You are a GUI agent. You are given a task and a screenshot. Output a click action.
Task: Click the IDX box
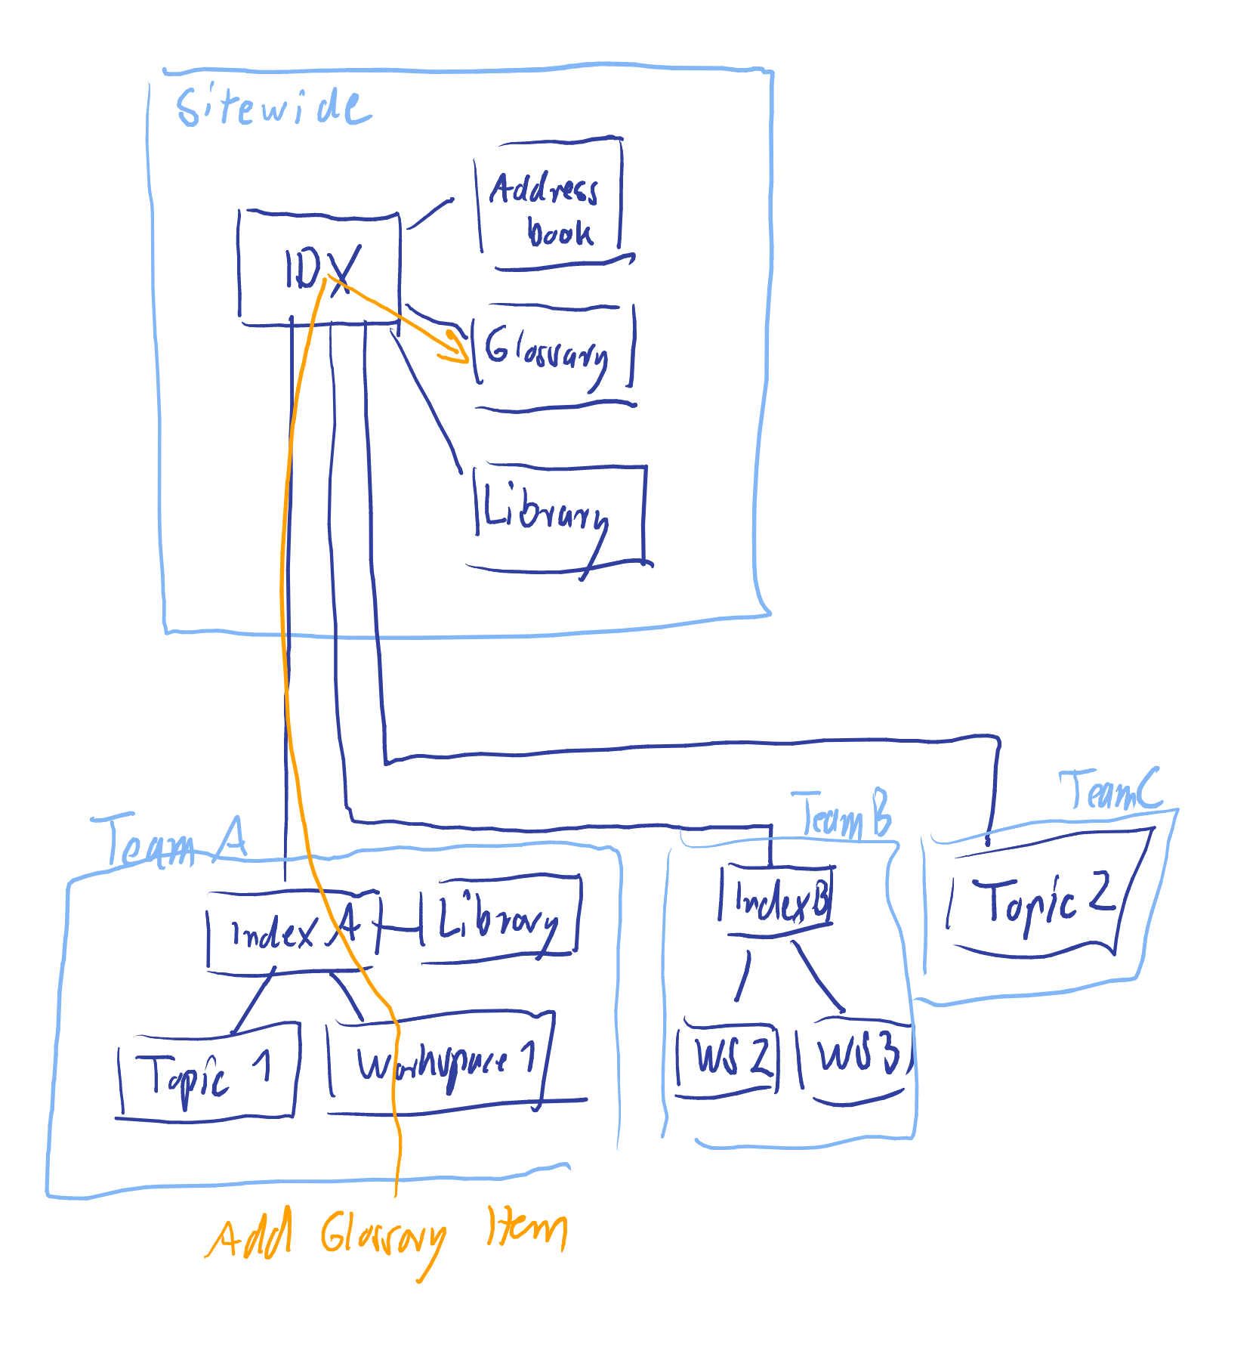pos(319,268)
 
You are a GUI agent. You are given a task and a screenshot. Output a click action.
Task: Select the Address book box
pos(550,204)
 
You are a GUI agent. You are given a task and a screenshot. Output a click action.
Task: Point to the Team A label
pos(169,841)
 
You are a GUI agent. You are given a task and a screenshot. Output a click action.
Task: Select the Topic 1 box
pos(206,1071)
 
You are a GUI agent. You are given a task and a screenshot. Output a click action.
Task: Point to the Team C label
pos(1110,790)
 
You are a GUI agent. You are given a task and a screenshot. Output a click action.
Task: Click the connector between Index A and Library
pos(400,928)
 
